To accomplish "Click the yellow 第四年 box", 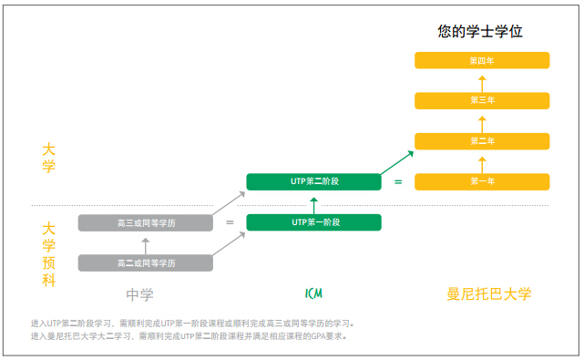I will [482, 60].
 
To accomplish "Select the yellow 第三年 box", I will [482, 100].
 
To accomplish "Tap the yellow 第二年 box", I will [482, 141].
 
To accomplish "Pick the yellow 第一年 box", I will [482, 181].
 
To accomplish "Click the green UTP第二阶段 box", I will [314, 181].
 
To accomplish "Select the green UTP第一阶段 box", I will [314, 221].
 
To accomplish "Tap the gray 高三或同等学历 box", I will [146, 222].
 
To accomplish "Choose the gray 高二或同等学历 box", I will [146, 262].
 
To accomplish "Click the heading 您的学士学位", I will [480, 32].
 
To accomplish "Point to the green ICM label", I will [313, 293].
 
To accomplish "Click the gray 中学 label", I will [139, 294].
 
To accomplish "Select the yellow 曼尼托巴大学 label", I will [488, 294].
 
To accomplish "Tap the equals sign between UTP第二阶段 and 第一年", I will [398, 182].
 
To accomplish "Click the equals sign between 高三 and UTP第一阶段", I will [230, 222].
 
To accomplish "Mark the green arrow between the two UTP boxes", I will [314, 202].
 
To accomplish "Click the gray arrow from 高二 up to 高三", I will [146, 242].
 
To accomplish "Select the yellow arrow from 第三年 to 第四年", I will [482, 80].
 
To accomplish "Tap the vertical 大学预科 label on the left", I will [49, 254].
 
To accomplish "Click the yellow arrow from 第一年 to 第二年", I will [482, 161].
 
